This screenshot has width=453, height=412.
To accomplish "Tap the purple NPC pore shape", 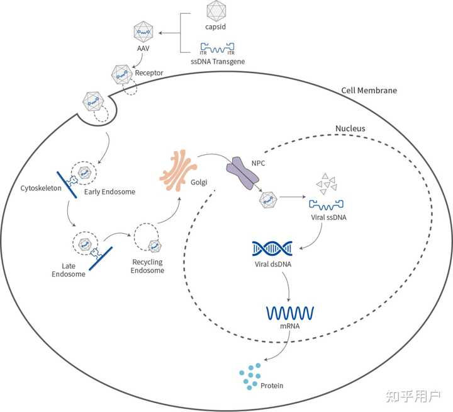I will coord(243,173).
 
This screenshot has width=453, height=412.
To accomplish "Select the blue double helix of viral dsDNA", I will coord(271,249).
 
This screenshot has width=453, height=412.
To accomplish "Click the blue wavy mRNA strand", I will coord(290,312).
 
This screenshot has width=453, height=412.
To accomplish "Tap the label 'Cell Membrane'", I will coord(369,91).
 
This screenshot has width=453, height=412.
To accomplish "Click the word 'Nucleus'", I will coord(350,129).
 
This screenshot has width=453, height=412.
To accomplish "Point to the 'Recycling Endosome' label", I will coord(147,266).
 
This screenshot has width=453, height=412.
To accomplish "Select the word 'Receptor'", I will coord(149,72).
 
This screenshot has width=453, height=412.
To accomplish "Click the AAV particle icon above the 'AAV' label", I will coord(143,31).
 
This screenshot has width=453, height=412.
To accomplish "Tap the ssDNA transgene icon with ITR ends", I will coord(217,47).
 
